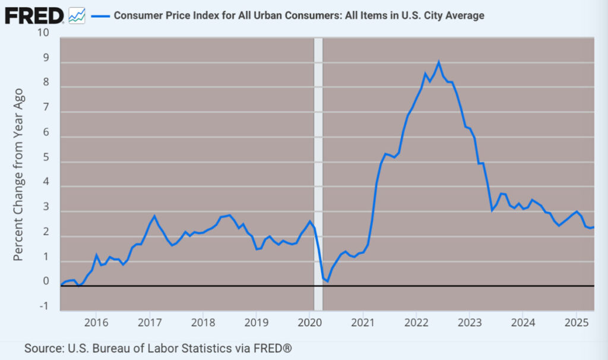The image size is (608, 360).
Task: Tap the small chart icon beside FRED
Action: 77,16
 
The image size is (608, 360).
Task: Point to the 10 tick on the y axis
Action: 43,32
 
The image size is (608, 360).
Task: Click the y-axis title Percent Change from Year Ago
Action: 18,174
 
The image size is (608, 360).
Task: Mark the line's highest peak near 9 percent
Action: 439,62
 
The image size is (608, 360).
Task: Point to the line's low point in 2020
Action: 328,281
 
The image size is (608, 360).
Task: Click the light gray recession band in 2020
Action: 318,178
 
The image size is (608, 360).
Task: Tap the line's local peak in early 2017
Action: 154,216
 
